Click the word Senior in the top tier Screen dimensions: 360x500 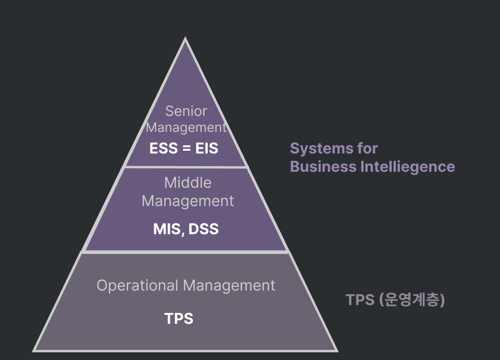click(x=186, y=111)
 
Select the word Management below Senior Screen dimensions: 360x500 click(x=186, y=128)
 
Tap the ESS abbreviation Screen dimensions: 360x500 click(x=164, y=148)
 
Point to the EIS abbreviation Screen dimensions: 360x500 click(x=207, y=148)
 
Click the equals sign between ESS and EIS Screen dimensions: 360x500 click(x=186, y=149)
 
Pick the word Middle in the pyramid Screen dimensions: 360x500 click(x=188, y=183)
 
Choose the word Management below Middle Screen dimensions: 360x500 click(x=188, y=201)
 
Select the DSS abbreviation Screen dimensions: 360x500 click(x=203, y=229)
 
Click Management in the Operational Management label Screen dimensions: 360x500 click(x=229, y=285)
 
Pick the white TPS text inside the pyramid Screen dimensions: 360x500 click(x=179, y=319)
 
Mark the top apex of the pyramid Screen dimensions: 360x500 click(x=185, y=39)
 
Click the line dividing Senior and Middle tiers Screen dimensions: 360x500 click(x=186, y=167)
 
